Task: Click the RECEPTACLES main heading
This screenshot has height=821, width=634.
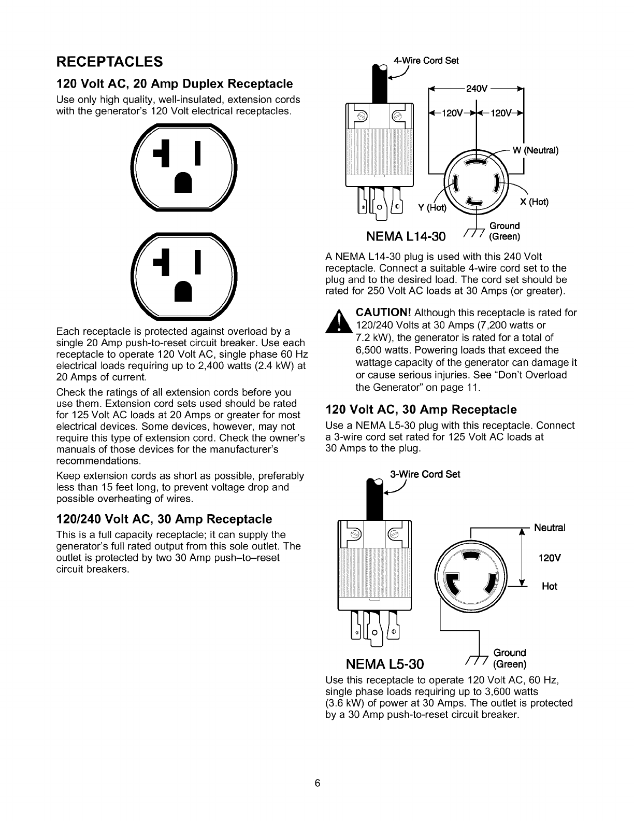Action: click(x=110, y=62)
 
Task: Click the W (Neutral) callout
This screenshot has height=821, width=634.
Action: click(x=535, y=151)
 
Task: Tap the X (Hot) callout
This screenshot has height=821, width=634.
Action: click(x=534, y=202)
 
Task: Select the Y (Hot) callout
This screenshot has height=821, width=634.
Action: click(x=433, y=208)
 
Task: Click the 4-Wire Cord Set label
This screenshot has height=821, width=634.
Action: click(x=426, y=60)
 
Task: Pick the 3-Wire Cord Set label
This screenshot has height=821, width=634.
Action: click(x=424, y=474)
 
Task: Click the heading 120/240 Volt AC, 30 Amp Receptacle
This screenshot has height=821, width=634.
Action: click(x=164, y=519)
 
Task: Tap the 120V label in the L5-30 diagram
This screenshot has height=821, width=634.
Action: click(x=547, y=559)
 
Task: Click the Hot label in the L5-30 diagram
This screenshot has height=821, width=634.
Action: click(x=550, y=586)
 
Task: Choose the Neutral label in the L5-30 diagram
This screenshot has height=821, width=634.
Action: click(x=550, y=528)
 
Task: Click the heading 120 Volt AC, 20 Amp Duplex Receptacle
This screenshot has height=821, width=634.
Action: click(x=174, y=83)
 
